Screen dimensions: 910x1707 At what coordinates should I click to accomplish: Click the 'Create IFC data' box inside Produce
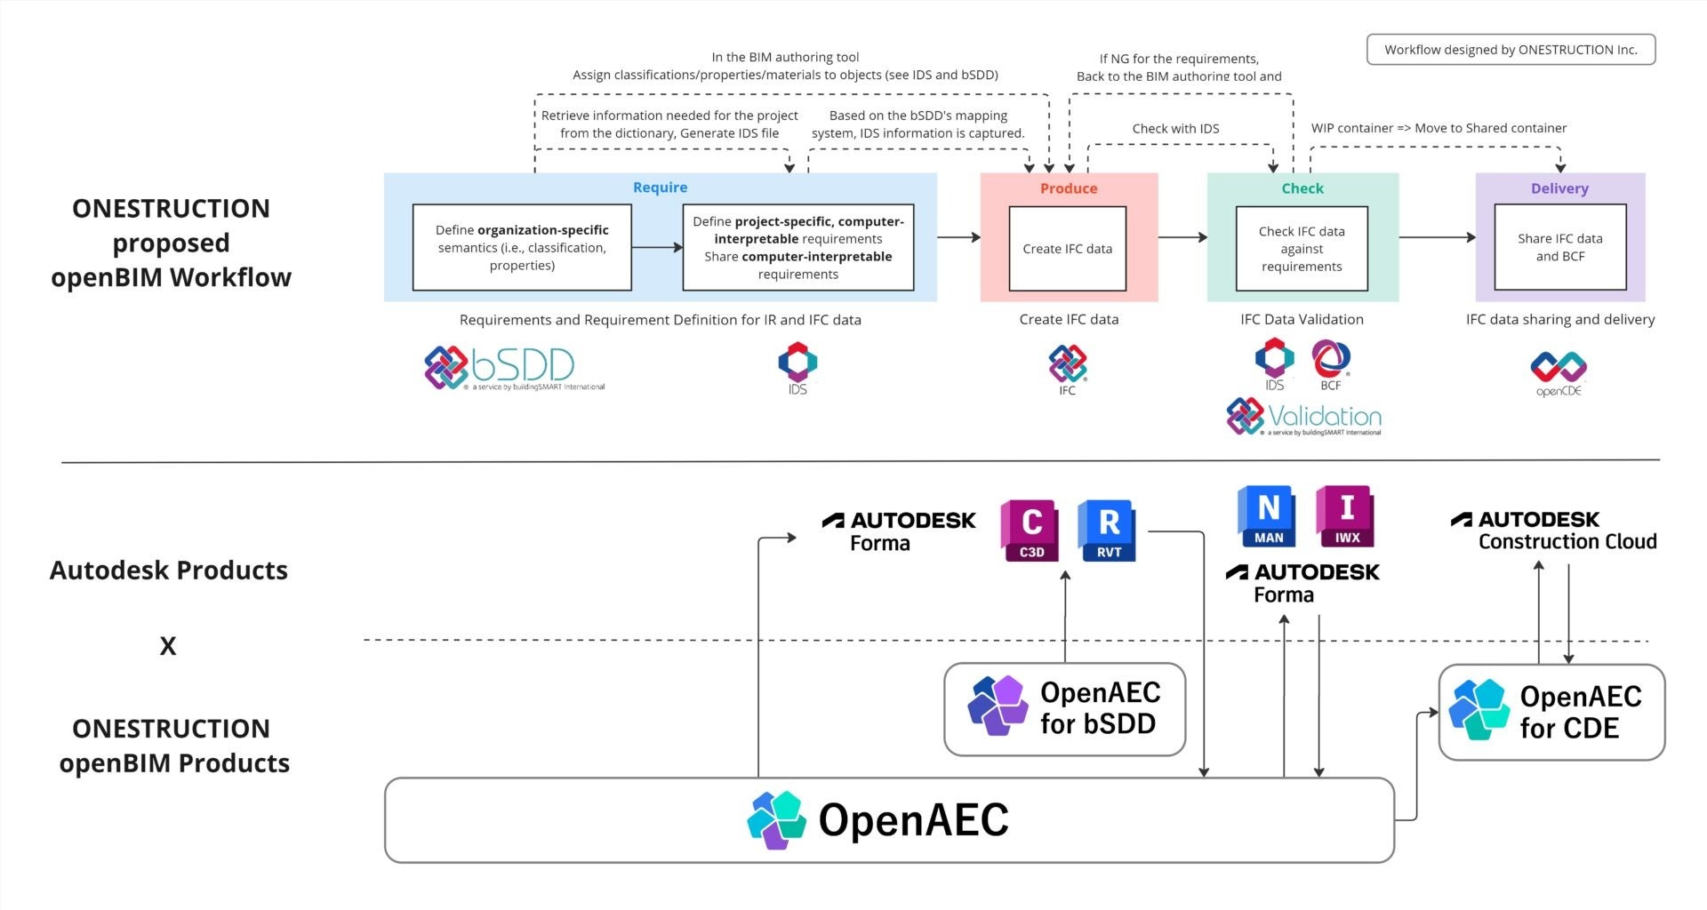pyautogui.click(x=1067, y=249)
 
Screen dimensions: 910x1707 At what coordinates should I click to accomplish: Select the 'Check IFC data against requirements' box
pyautogui.click(x=1302, y=249)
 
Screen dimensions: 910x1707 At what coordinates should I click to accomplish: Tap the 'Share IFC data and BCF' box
pyautogui.click(x=1559, y=247)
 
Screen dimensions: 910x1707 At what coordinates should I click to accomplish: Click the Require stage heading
pyautogui.click(x=660, y=188)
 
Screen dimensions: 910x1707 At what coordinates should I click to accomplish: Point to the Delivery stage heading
pyautogui.click(x=1559, y=188)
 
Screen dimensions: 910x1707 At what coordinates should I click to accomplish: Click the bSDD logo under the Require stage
pyautogui.click(x=514, y=368)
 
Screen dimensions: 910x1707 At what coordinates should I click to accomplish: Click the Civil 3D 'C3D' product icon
pyautogui.click(x=1030, y=531)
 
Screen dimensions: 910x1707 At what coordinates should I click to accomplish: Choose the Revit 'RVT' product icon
pyautogui.click(x=1108, y=531)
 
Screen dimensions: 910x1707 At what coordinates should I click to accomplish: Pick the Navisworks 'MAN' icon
pyautogui.click(x=1267, y=516)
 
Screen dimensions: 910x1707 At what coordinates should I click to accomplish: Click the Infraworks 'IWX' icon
pyautogui.click(x=1345, y=516)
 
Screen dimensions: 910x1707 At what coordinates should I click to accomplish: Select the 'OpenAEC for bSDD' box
pyautogui.click(x=1064, y=709)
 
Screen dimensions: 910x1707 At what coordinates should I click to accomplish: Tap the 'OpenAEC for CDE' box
pyautogui.click(x=1551, y=712)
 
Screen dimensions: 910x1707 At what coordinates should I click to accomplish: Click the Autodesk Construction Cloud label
pyautogui.click(x=1554, y=531)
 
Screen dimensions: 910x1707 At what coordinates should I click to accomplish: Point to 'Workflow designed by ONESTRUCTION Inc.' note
pyautogui.click(x=1511, y=50)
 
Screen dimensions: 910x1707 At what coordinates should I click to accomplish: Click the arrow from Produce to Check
pyautogui.click(x=1182, y=237)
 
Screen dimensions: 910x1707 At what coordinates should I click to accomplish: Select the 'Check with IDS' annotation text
pyautogui.click(x=1175, y=129)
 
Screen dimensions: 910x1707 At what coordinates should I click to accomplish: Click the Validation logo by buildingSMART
pyautogui.click(x=1303, y=417)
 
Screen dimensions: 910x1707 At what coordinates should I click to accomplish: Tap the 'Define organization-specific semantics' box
pyautogui.click(x=522, y=248)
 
